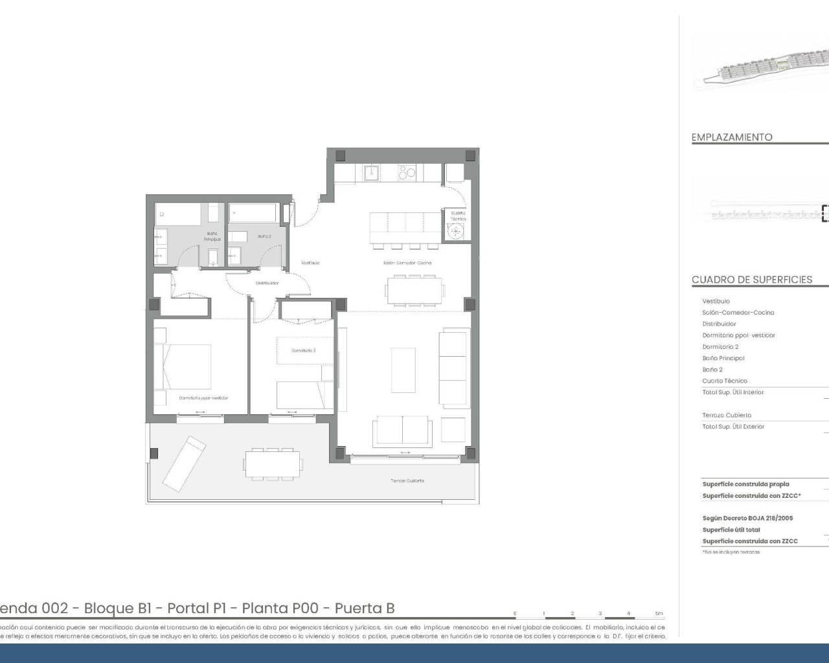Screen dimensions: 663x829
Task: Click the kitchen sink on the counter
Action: [x=372, y=172]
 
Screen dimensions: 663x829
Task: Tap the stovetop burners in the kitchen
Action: [x=407, y=173]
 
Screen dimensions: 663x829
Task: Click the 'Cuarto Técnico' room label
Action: [x=458, y=216]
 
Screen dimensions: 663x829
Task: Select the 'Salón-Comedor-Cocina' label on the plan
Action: [x=406, y=263]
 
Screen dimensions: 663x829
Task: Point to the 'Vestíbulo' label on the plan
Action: [x=310, y=263]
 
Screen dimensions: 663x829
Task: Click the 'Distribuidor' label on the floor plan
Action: [x=267, y=283]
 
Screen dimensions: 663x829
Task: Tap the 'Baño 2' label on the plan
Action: [x=264, y=236]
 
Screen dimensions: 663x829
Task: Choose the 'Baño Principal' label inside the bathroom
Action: [x=212, y=236]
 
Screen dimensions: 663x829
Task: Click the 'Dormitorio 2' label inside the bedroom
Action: [x=303, y=350]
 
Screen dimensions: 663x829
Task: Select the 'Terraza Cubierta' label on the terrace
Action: [x=407, y=480]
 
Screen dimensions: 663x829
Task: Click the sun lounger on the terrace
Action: [x=184, y=464]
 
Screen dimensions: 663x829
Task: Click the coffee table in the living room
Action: [x=403, y=369]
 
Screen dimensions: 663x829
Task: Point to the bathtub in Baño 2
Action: [x=253, y=213]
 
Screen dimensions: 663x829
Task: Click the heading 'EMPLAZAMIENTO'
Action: [x=732, y=137]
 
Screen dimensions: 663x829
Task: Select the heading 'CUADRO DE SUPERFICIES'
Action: [x=751, y=280]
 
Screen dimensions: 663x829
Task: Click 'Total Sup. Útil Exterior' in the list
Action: [x=733, y=427]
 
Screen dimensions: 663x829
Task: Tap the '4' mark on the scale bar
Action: [x=628, y=613]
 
